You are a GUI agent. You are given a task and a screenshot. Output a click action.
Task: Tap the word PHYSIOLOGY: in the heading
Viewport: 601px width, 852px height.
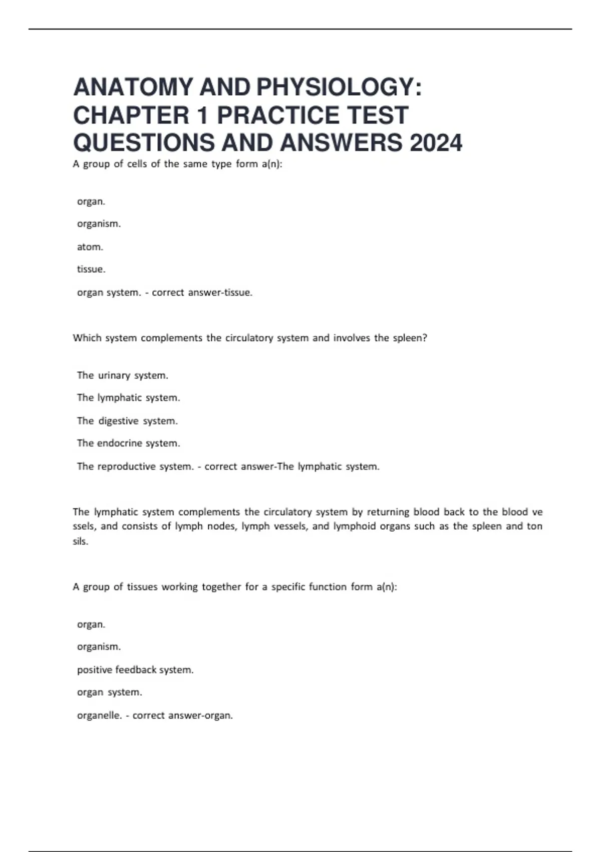[x=339, y=87]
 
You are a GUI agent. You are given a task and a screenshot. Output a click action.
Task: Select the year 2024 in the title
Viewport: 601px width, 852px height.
[x=436, y=143]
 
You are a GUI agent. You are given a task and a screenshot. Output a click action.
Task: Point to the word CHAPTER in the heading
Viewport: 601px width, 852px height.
[x=131, y=115]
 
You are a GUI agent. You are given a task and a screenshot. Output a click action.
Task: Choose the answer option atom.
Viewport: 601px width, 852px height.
[x=90, y=247]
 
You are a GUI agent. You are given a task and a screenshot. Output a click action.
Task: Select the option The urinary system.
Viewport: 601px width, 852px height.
[x=123, y=375]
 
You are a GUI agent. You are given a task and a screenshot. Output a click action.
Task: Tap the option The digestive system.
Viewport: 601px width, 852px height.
[x=127, y=421]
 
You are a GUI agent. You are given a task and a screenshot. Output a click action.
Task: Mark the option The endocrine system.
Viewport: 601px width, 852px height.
[x=128, y=443]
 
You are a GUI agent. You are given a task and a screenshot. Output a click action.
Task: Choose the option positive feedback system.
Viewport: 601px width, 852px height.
[x=135, y=670]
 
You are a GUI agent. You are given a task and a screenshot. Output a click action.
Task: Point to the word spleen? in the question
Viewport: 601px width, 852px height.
[x=410, y=338]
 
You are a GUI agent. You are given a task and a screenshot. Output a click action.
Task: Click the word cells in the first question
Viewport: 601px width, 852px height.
[x=137, y=164]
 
